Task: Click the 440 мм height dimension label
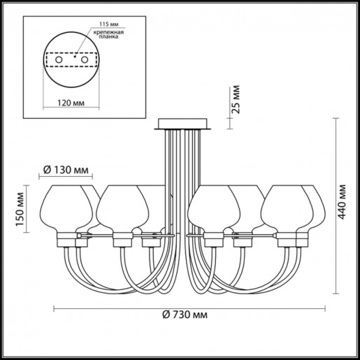(x=342, y=202)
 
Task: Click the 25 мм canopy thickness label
(x=237, y=101)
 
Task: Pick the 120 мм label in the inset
(x=67, y=101)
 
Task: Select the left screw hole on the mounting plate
(x=59, y=61)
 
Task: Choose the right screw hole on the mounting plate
(x=85, y=61)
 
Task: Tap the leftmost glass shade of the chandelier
(x=69, y=208)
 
